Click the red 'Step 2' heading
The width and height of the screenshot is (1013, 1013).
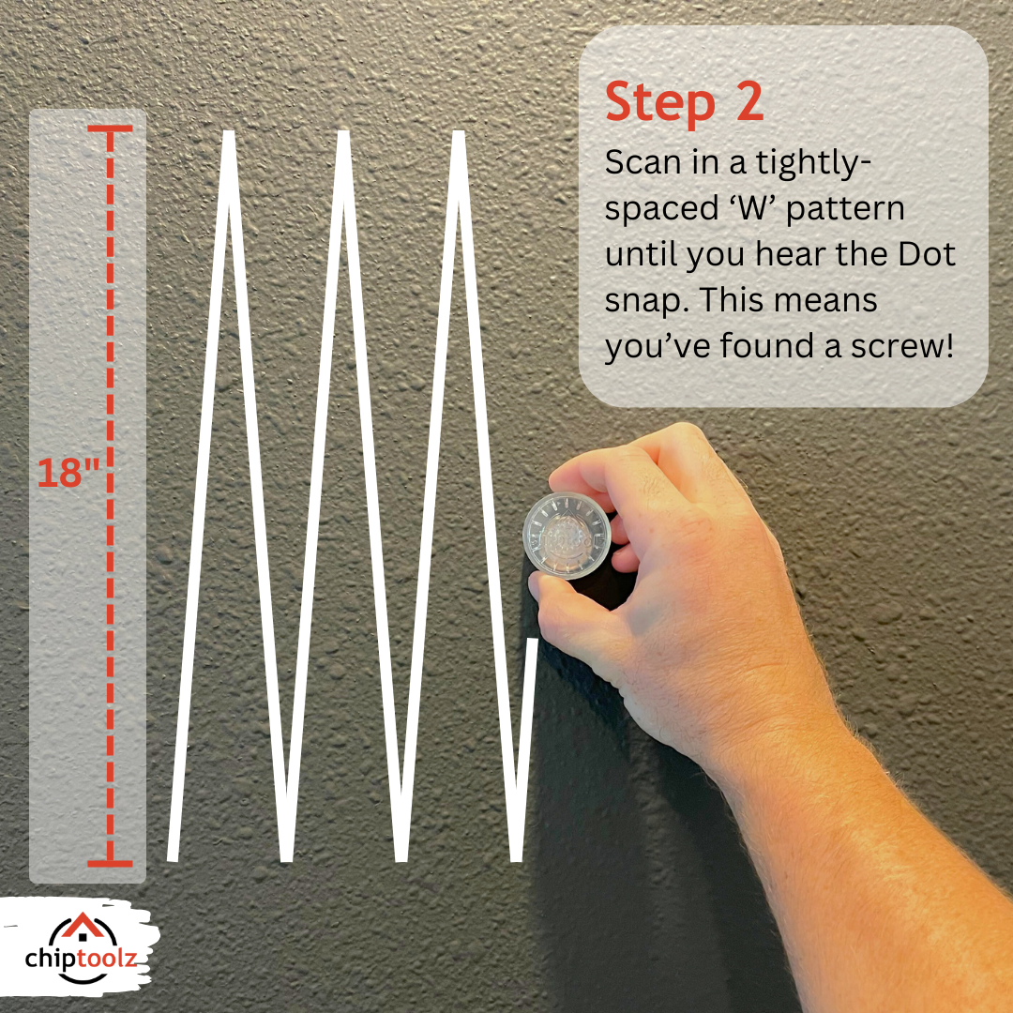[684, 103]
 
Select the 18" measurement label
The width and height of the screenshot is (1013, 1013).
[68, 473]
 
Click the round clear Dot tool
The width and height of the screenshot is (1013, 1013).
[567, 536]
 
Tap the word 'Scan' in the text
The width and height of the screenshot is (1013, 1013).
[646, 162]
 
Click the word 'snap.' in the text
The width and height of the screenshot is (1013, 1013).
[647, 301]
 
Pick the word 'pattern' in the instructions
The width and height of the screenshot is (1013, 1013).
[845, 208]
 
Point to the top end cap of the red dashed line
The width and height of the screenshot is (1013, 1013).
[111, 129]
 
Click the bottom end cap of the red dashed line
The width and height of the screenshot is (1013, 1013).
[111, 862]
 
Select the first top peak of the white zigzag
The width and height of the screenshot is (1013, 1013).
[228, 137]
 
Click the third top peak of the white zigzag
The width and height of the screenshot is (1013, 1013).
[459, 137]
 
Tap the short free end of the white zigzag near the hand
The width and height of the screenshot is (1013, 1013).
[533, 643]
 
